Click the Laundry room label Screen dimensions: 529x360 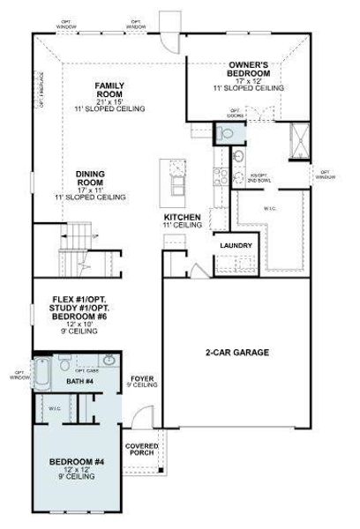pos(236,246)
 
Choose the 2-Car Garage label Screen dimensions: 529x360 pos(237,353)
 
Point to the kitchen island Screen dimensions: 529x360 pos(176,180)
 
